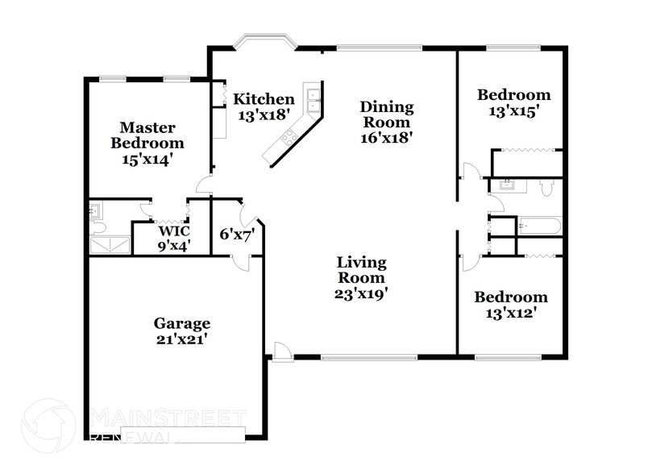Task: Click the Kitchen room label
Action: [x=264, y=99]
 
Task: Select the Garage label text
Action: [x=182, y=323]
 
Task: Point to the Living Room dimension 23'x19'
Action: [x=362, y=294]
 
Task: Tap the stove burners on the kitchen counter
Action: [x=286, y=143]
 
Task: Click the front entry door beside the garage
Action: [x=280, y=351]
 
